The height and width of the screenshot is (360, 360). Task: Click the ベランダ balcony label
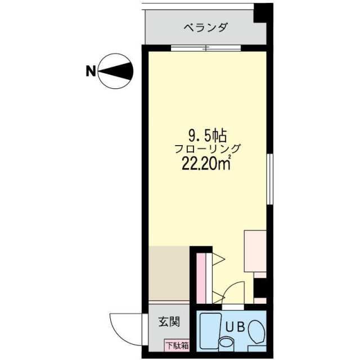click(205, 27)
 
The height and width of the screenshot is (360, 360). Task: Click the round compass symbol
click(117, 71)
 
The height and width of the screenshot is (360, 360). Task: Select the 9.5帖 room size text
click(207, 135)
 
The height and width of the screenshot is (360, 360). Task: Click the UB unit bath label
click(235, 326)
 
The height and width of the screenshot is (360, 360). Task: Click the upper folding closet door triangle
click(217, 260)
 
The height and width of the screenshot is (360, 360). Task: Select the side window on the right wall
click(270, 180)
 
